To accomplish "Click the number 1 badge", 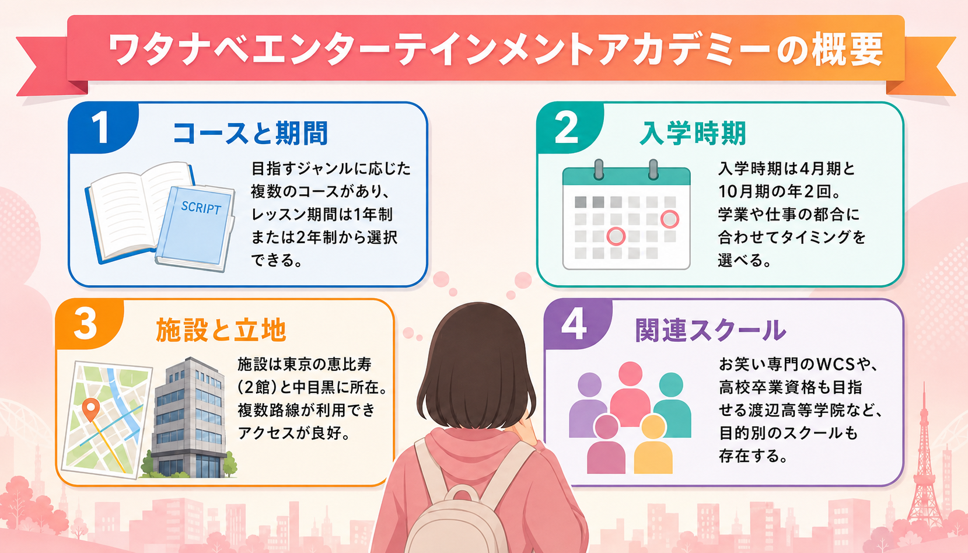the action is (102, 127).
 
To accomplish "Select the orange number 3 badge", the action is (86, 324).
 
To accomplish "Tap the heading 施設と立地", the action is (221, 330).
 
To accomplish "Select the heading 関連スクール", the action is (711, 330).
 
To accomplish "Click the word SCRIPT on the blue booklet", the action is (201, 208).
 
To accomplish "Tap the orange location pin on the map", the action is (91, 409).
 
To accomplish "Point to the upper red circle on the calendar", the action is (669, 219).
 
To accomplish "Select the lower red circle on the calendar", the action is (616, 236).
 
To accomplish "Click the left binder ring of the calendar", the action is (599, 169).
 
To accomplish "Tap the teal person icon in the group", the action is (672, 404).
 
